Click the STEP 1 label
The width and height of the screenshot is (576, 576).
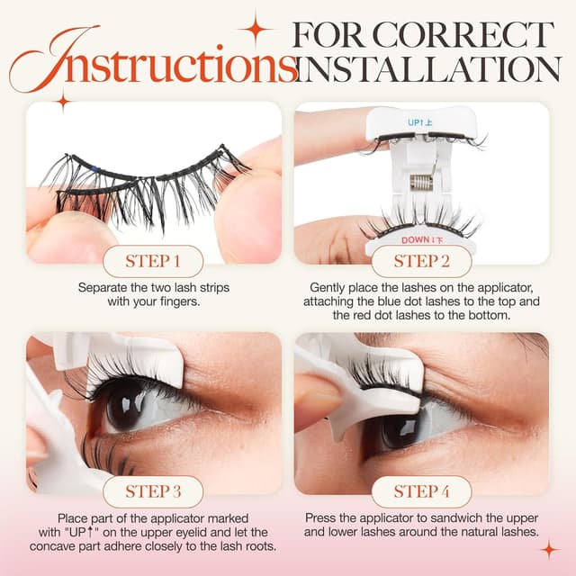click(x=152, y=262)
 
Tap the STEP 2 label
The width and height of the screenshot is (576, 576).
click(x=421, y=262)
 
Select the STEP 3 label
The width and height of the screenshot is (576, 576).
click(x=152, y=491)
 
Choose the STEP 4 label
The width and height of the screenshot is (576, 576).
click(x=421, y=491)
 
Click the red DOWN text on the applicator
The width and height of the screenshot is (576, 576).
click(x=417, y=239)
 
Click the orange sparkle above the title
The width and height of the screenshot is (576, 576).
click(x=255, y=28)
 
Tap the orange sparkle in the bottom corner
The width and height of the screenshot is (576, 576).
click(x=549, y=548)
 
